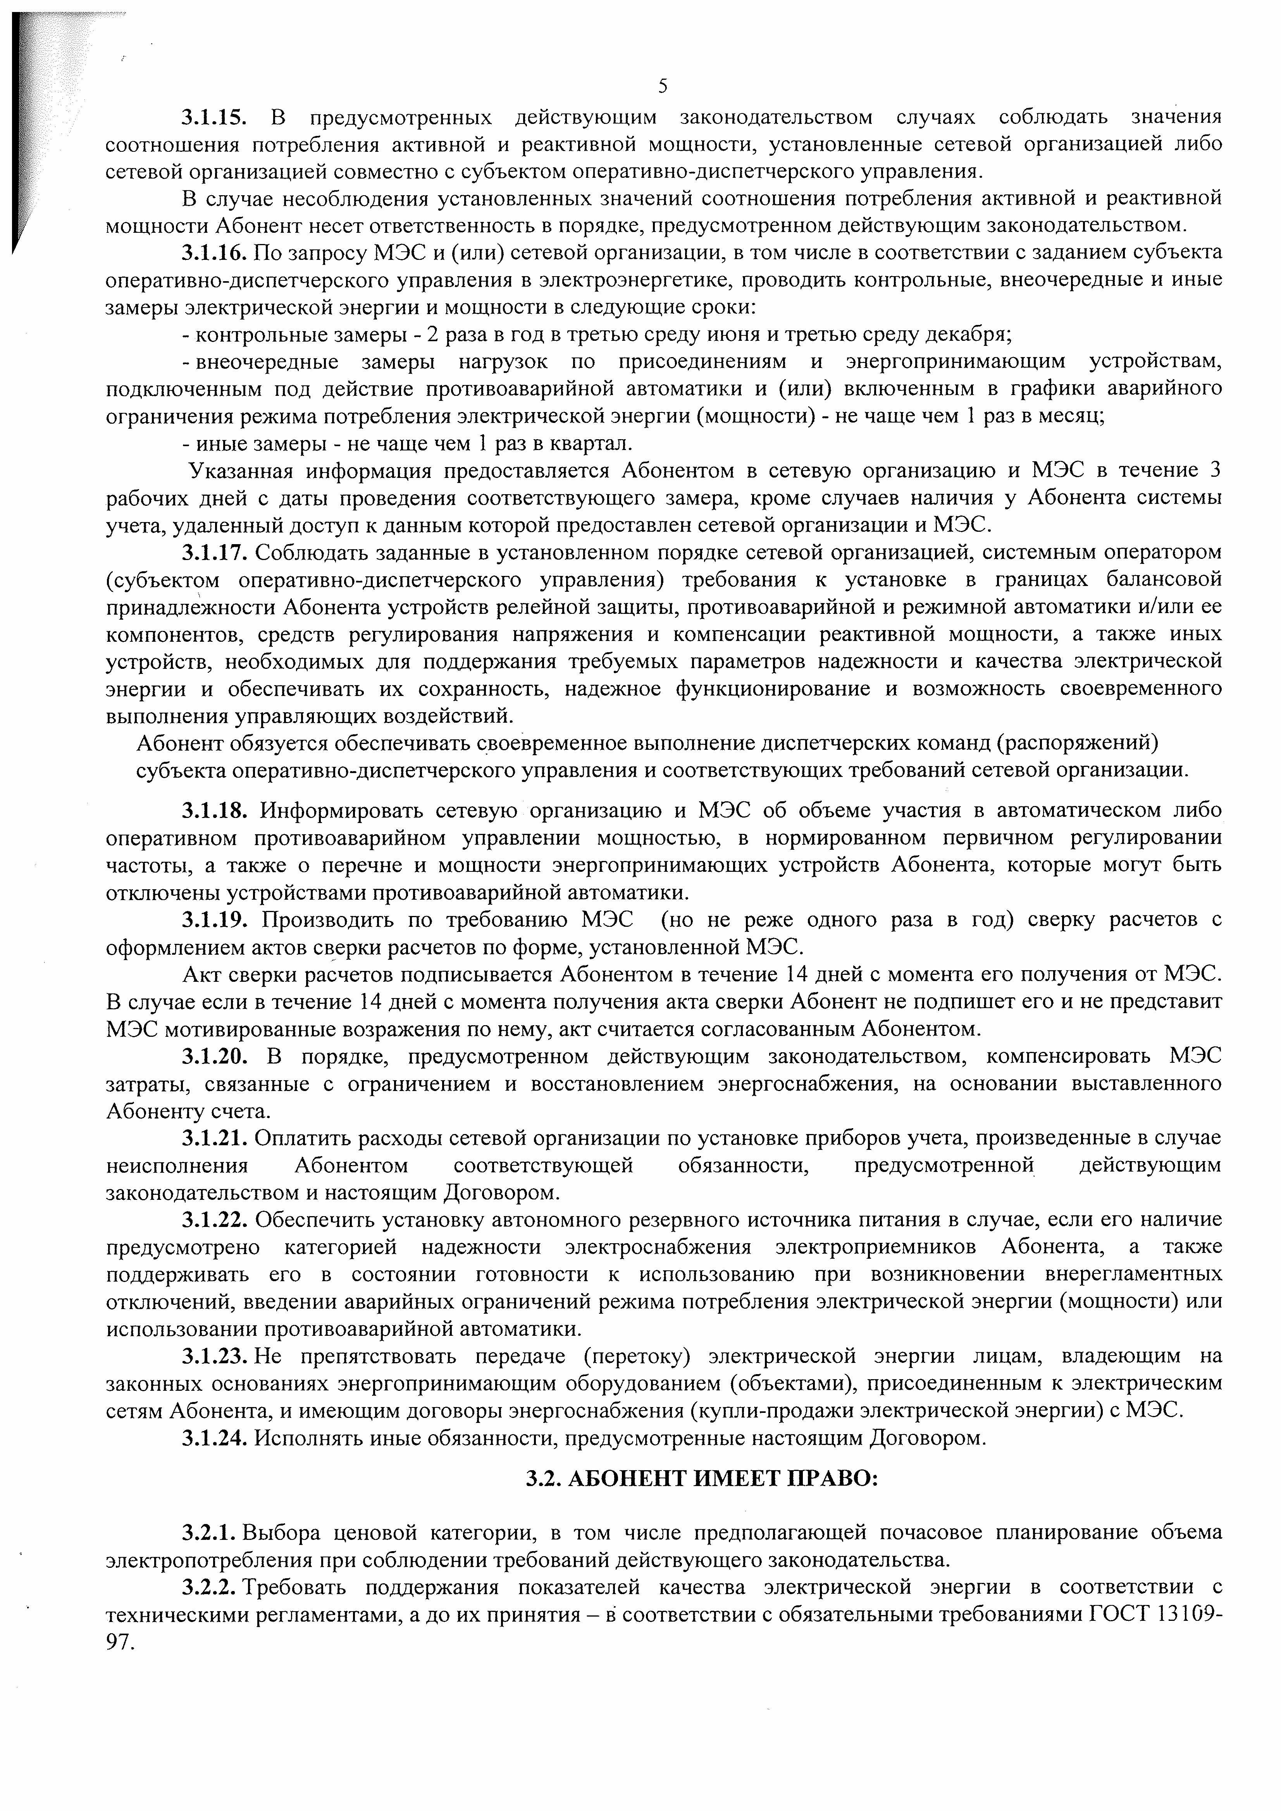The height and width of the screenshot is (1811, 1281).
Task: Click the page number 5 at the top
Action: pos(662,86)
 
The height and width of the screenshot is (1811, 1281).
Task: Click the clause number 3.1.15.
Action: pos(215,118)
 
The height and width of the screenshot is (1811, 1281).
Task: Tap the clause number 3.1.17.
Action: pos(215,552)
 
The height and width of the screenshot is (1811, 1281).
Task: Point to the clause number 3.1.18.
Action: pos(215,810)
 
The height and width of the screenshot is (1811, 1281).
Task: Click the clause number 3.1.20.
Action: pos(215,1056)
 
